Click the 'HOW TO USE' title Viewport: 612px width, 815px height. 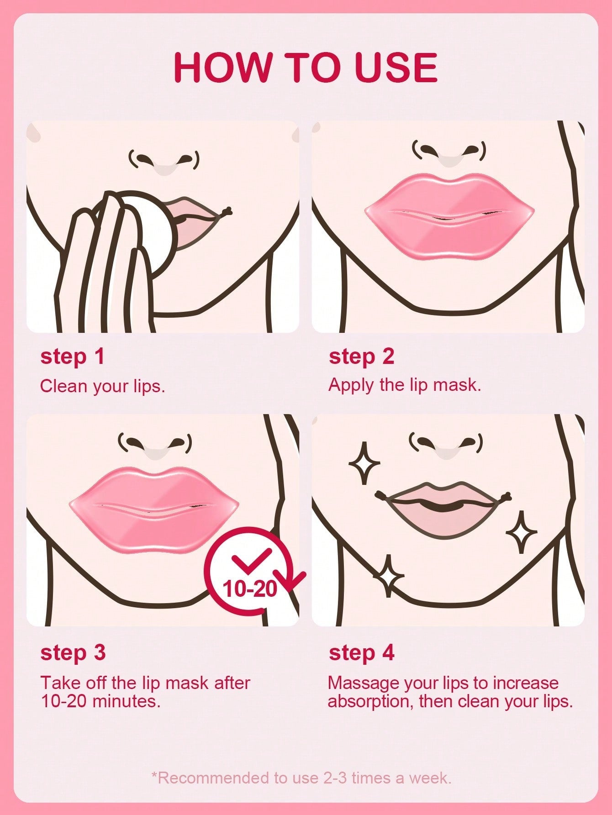point(306,67)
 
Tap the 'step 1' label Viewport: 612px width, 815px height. point(73,357)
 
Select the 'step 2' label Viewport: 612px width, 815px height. point(361,357)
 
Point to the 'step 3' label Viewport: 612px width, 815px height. point(73,652)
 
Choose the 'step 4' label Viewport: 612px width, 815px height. point(361,652)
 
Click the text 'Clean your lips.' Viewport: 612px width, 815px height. point(102,386)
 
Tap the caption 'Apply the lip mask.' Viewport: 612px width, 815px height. point(405,385)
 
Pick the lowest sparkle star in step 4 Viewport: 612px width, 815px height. point(389,576)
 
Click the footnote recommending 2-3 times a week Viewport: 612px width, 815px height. point(301,778)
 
